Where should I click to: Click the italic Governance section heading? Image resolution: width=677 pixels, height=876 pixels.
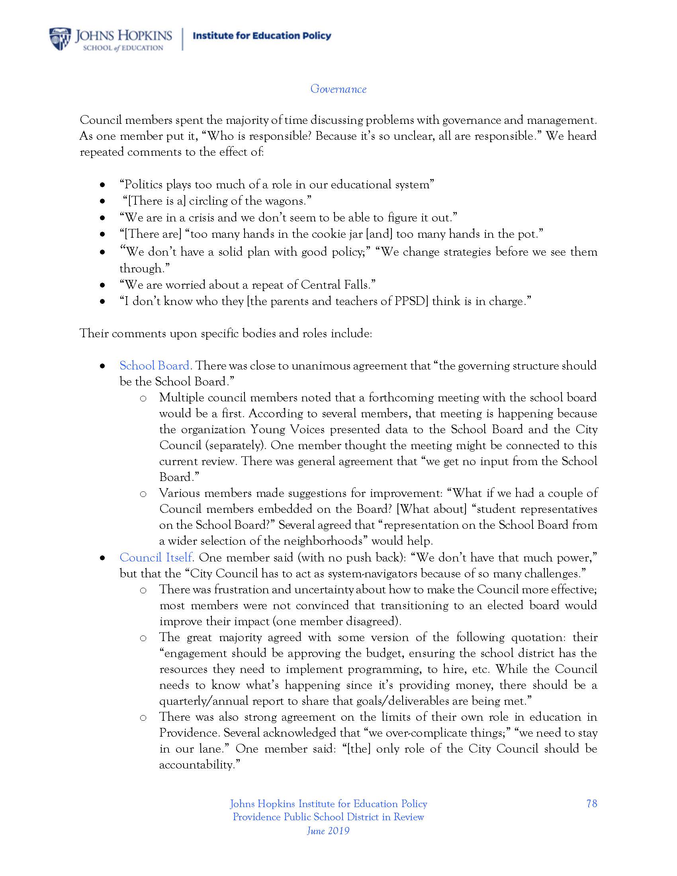[x=338, y=89]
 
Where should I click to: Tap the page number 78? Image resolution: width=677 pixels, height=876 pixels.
[x=591, y=804]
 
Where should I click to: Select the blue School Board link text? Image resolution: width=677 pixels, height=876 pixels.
[x=155, y=366]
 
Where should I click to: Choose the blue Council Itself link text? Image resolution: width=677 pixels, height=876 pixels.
[x=157, y=557]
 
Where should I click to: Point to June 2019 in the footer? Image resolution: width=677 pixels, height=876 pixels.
[x=328, y=830]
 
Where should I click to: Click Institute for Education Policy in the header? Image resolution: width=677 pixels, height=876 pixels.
[x=262, y=36]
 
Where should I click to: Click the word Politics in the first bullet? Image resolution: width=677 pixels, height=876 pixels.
[x=144, y=184]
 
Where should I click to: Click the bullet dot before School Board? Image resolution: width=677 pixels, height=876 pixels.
[x=103, y=366]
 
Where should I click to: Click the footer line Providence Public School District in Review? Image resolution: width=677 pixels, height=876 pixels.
[x=328, y=817]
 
